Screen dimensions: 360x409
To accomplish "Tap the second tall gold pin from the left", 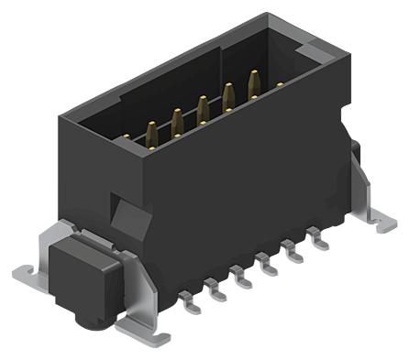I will [x=175, y=118].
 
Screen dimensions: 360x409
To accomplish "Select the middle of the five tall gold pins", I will [x=201, y=106].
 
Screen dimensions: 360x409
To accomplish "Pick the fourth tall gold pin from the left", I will [x=227, y=94].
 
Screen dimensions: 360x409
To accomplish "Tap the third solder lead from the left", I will [x=243, y=277].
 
